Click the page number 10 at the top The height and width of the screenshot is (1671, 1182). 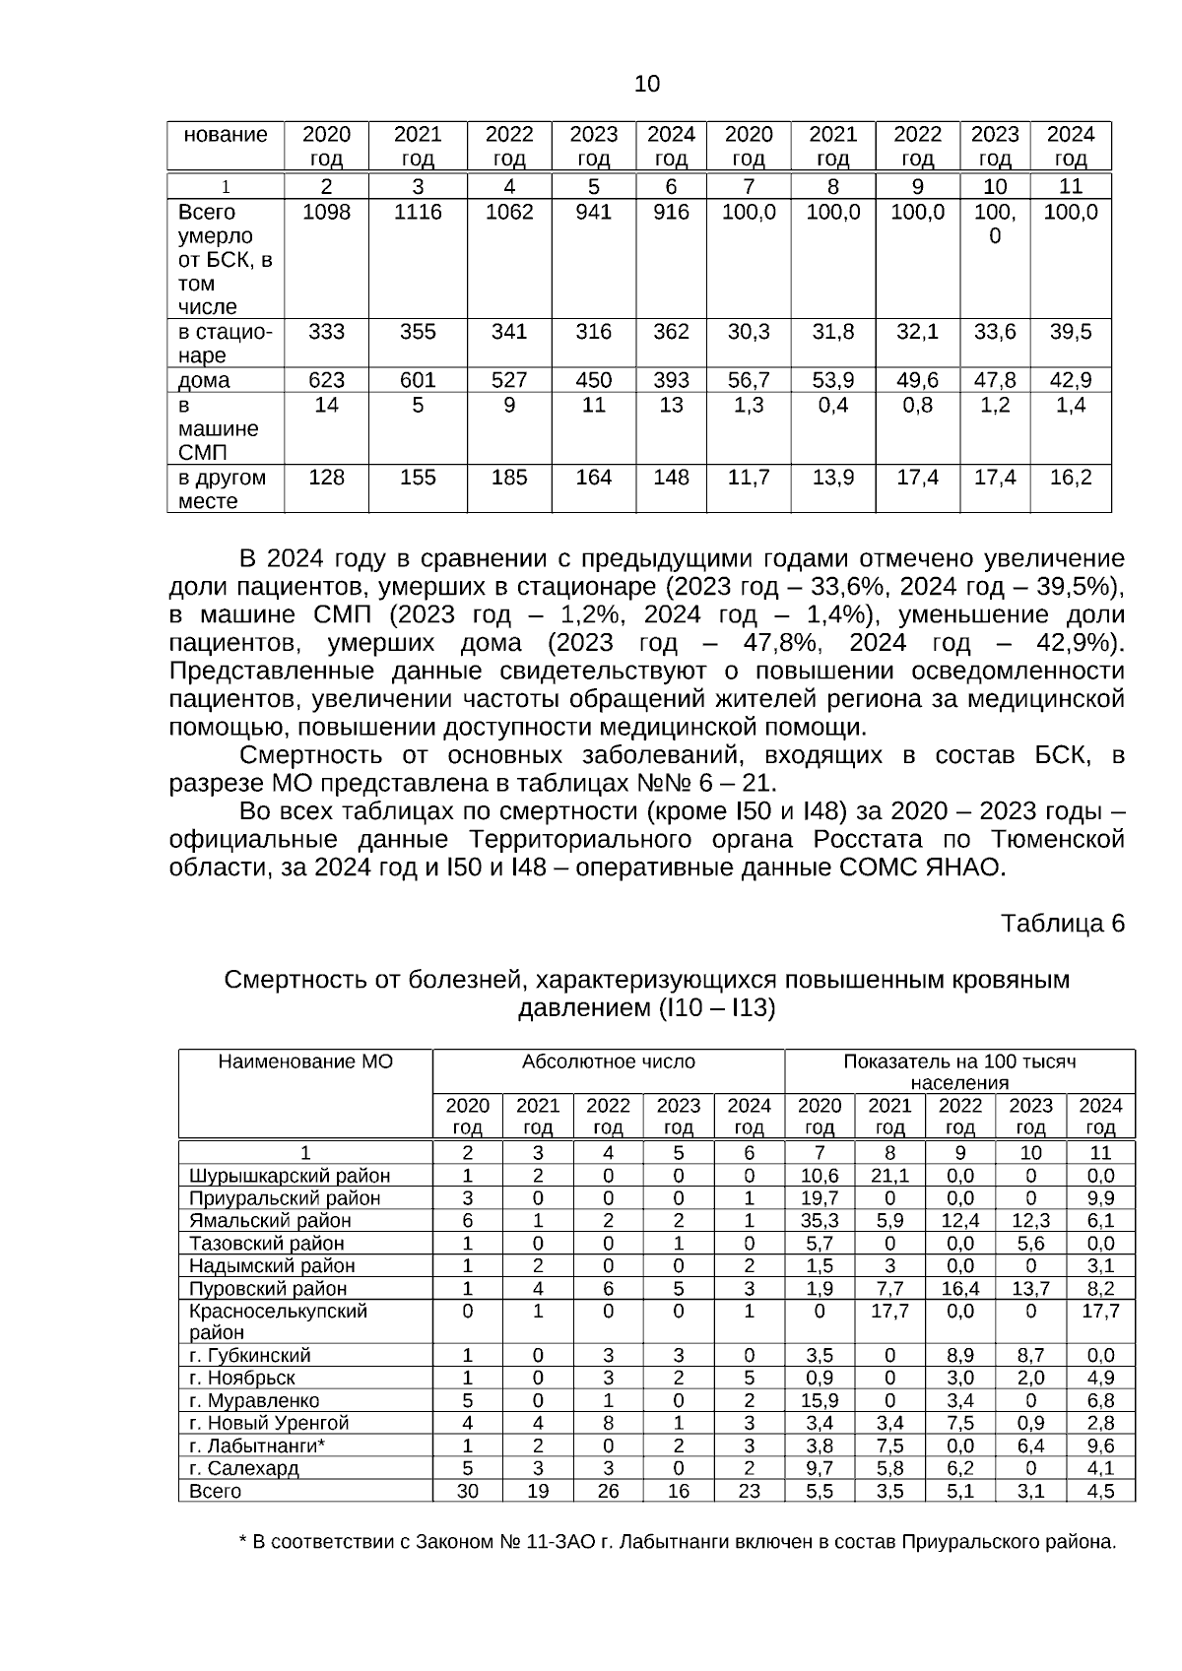647,85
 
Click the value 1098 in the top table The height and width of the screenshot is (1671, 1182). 326,213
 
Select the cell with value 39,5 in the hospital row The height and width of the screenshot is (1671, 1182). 1070,332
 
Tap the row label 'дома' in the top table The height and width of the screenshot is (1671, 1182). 204,380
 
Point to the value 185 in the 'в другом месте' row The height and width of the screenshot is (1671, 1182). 509,478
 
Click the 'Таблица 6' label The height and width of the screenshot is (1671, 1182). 1062,924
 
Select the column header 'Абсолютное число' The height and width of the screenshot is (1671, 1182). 608,1061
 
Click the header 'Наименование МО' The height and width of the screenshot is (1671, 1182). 305,1061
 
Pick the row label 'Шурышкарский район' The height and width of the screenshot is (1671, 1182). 290,1176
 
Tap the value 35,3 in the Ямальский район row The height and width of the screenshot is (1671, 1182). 820,1221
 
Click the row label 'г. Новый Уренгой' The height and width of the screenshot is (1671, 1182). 269,1423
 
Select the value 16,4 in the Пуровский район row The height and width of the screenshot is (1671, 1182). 960,1288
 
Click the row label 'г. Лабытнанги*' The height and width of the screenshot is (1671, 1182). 257,1446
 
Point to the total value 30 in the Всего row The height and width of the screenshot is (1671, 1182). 468,1491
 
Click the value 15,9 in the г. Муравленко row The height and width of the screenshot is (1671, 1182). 820,1400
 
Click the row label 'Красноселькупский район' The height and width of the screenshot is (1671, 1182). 278,1321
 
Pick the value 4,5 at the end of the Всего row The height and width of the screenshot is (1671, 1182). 1100,1491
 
